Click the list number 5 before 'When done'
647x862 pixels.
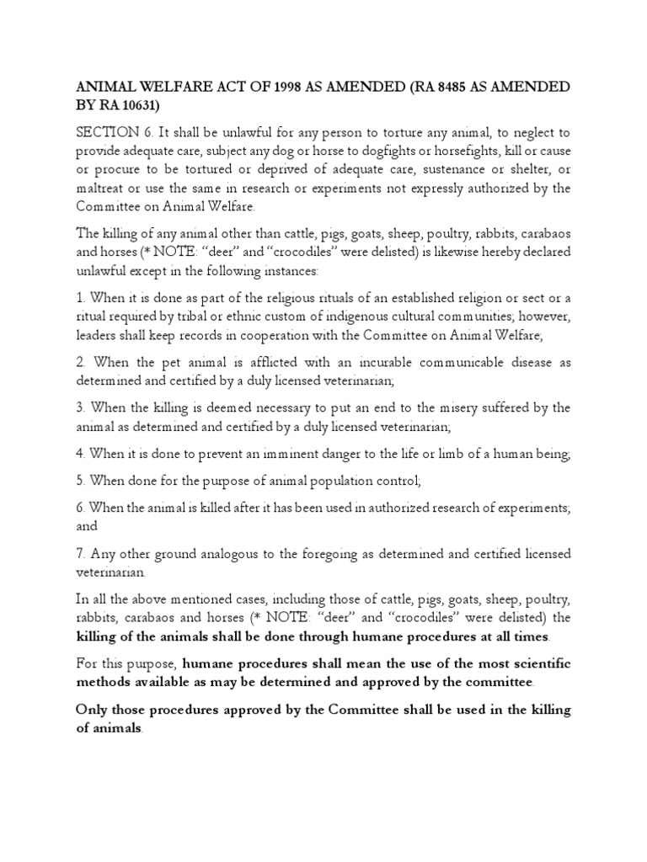80,482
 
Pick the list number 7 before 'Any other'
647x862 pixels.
80,554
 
